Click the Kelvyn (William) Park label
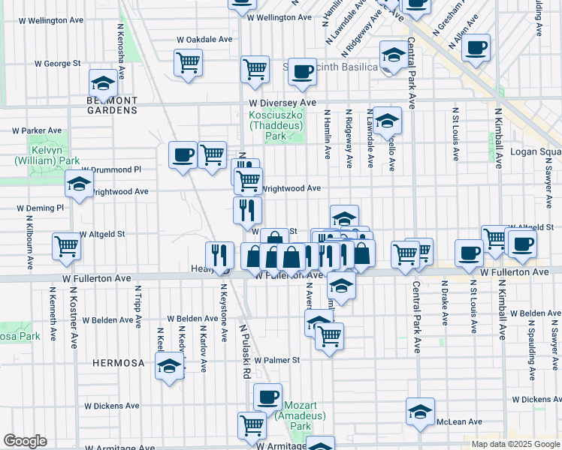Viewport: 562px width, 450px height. coord(46,155)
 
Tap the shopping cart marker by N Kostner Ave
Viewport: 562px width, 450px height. coord(66,244)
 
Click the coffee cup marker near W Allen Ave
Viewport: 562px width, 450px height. coord(476,47)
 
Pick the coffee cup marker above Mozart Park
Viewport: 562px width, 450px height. coord(267,396)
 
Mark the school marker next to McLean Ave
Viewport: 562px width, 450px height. coord(420,410)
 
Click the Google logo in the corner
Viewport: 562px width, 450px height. coord(25,441)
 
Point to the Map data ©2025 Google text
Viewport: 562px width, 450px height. coord(514,444)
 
